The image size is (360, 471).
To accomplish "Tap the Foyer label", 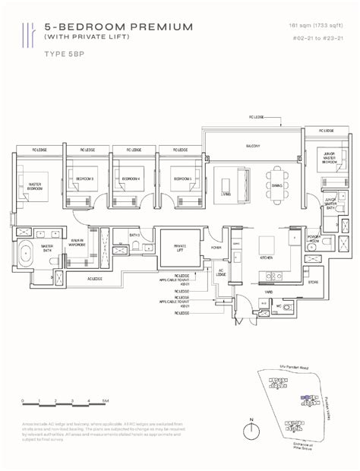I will point(216,248).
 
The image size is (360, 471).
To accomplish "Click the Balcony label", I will point(252,146).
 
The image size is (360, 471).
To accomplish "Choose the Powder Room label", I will point(314,236).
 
